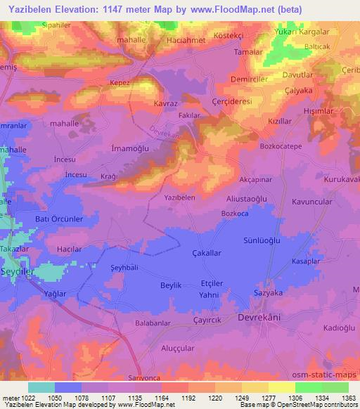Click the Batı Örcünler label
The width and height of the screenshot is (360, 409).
tap(60, 219)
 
